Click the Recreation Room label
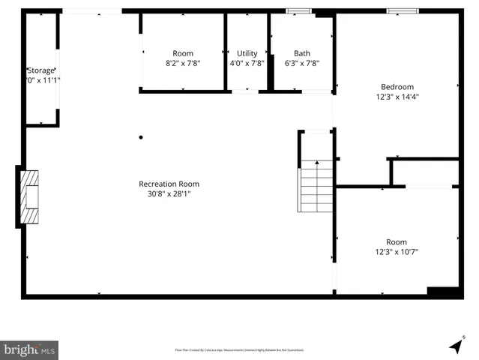click(x=169, y=184)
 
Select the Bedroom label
click(x=397, y=86)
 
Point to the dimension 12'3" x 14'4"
click(x=397, y=97)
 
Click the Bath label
click(x=301, y=53)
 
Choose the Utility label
click(x=247, y=53)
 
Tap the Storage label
click(x=41, y=70)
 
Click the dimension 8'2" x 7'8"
click(x=183, y=64)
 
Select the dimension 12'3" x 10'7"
click(x=397, y=252)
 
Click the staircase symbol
click(x=316, y=187)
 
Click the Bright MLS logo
click(x=29, y=349)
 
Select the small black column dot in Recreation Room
click(x=140, y=137)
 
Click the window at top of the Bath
click(x=298, y=10)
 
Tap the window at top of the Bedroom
click(x=403, y=10)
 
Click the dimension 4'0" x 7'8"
click(x=247, y=64)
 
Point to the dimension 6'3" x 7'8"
click(x=301, y=64)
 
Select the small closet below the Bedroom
click(x=425, y=172)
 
